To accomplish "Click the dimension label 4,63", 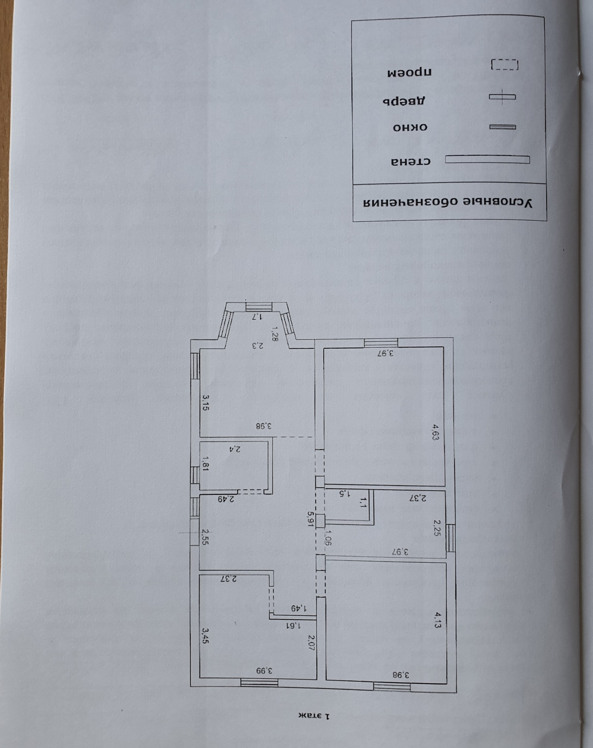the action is pyautogui.click(x=436, y=433).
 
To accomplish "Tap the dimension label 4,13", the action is pyautogui.click(x=437, y=620).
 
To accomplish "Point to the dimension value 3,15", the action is pyautogui.click(x=205, y=402).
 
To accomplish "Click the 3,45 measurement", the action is pyautogui.click(x=205, y=635).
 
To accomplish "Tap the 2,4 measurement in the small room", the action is pyautogui.click(x=235, y=449).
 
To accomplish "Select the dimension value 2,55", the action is pyautogui.click(x=205, y=536).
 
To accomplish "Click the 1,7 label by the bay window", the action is pyautogui.click(x=258, y=316).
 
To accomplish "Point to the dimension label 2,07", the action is pyautogui.click(x=311, y=642).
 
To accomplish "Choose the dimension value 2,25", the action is pyautogui.click(x=436, y=528).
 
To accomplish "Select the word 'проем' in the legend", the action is pyautogui.click(x=409, y=73).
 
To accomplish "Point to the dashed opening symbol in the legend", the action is pyautogui.click(x=505, y=65).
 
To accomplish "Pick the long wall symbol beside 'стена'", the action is pyautogui.click(x=487, y=159).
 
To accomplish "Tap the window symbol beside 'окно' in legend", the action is pyautogui.click(x=502, y=127).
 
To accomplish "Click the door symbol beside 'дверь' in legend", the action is pyautogui.click(x=502, y=97).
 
